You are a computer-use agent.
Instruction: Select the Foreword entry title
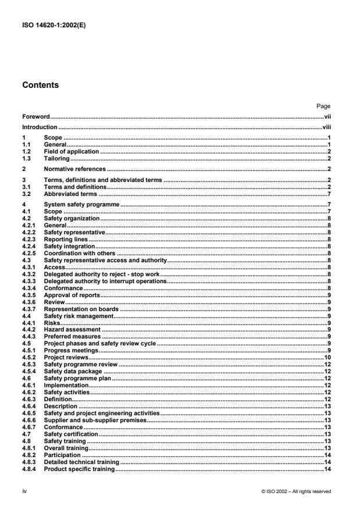(35, 116)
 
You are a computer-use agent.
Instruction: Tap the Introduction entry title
(40, 126)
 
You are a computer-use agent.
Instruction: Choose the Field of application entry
(67, 151)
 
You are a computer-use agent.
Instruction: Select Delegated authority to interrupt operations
(105, 281)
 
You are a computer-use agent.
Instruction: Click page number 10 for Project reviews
(327, 358)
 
